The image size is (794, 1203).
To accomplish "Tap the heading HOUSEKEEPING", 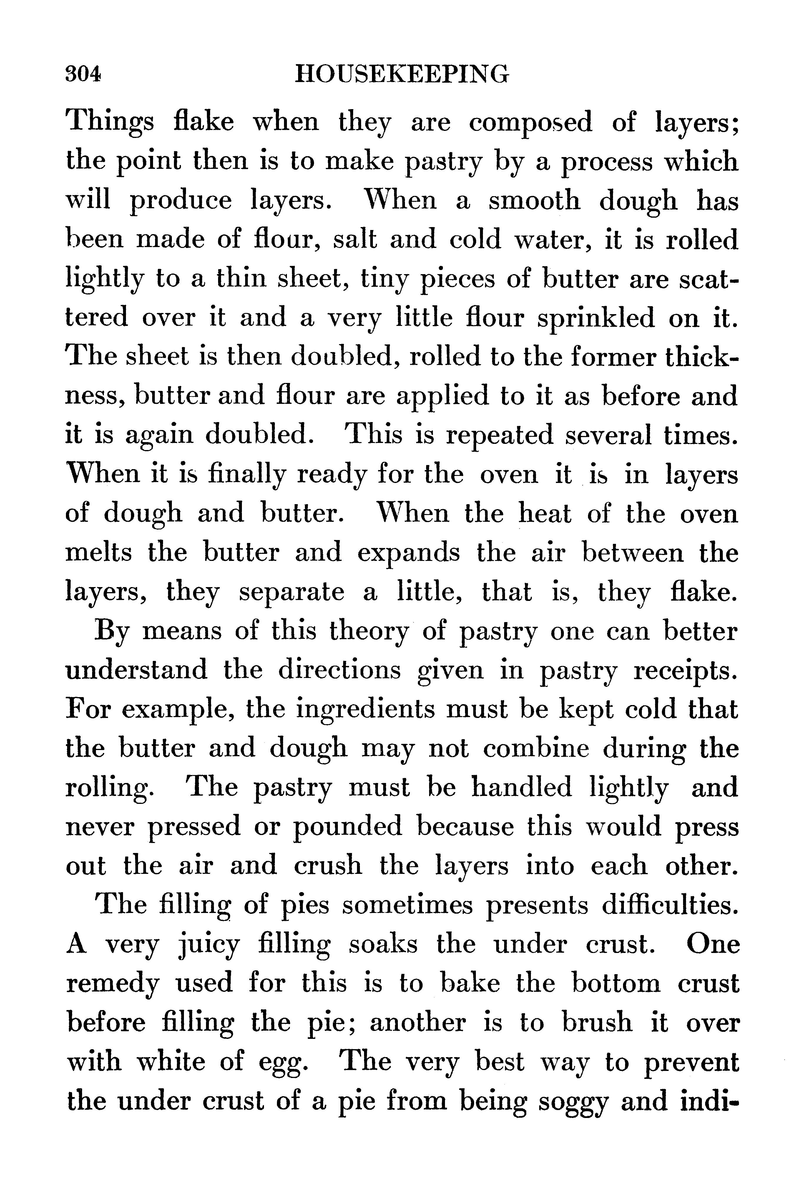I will [401, 74].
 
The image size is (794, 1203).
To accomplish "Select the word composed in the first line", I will [530, 123].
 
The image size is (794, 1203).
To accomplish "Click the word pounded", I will [348, 827].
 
